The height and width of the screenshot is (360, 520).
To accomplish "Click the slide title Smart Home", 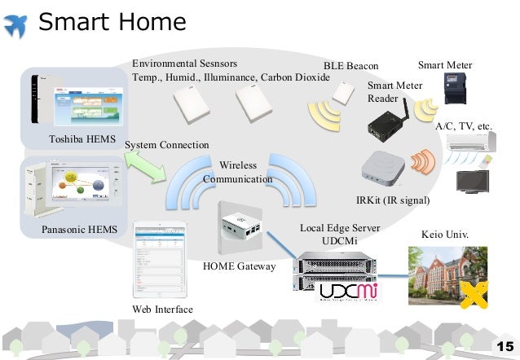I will (x=112, y=22).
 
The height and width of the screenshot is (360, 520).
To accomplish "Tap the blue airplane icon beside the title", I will (x=18, y=23).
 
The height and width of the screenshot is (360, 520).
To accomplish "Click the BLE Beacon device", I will (x=344, y=94).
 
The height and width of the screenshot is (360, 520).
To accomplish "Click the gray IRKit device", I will (x=383, y=168).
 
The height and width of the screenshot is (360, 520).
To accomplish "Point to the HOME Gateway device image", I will (x=243, y=226).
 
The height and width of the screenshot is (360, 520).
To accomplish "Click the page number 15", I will (x=504, y=345).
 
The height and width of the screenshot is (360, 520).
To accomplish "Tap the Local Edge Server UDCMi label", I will (x=340, y=235).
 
